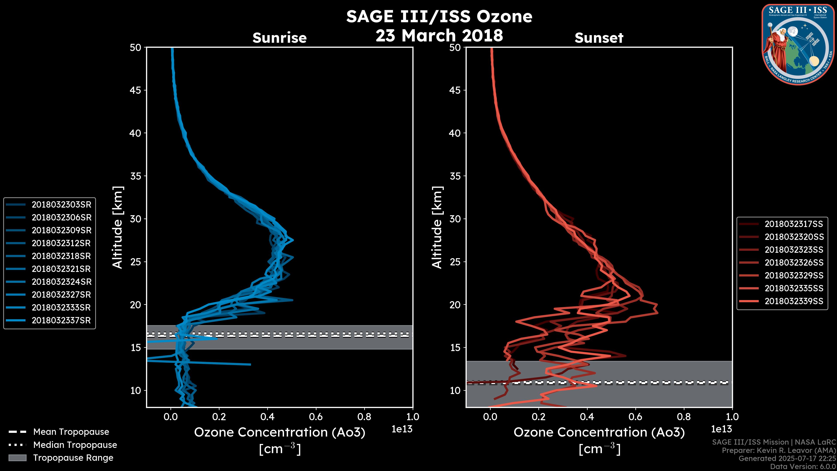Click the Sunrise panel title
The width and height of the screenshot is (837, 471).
(279, 38)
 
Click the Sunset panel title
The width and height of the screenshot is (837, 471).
(599, 38)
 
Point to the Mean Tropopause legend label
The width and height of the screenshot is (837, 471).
(71, 432)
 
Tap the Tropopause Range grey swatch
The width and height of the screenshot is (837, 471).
(17, 458)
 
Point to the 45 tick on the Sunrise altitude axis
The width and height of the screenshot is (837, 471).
(136, 90)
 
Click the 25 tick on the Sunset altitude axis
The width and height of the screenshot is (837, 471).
(455, 262)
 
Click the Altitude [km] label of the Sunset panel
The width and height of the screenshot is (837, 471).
(437, 227)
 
